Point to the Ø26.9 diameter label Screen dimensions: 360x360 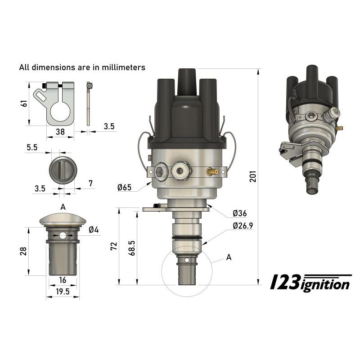pos(243,226)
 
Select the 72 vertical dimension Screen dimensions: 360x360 pos(114,246)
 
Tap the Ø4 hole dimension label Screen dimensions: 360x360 pos(94,230)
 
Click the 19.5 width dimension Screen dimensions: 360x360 pos(63,292)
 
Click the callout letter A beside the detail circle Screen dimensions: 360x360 pos(229,257)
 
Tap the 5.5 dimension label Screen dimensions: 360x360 pos(32,147)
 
